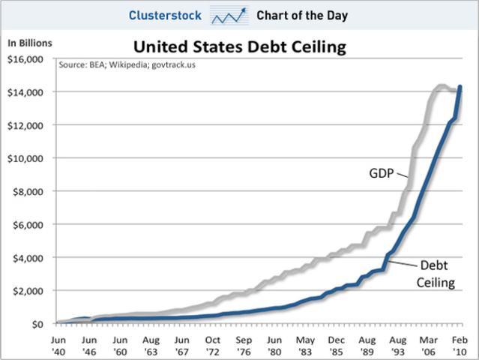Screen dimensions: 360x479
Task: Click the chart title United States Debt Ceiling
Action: [x=239, y=47]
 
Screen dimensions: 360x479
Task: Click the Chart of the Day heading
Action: [x=298, y=15]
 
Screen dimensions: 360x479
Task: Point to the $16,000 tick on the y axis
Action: [x=27, y=59]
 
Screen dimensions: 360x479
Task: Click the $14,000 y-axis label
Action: [x=27, y=92]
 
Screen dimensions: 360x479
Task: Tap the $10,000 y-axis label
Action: [x=27, y=158]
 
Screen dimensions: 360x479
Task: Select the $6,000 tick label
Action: [x=30, y=224]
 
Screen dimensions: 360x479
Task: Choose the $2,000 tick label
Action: [x=30, y=290]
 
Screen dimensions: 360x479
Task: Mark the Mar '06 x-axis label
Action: [x=428, y=343]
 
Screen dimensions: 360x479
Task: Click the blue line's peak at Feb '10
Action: [x=460, y=87]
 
